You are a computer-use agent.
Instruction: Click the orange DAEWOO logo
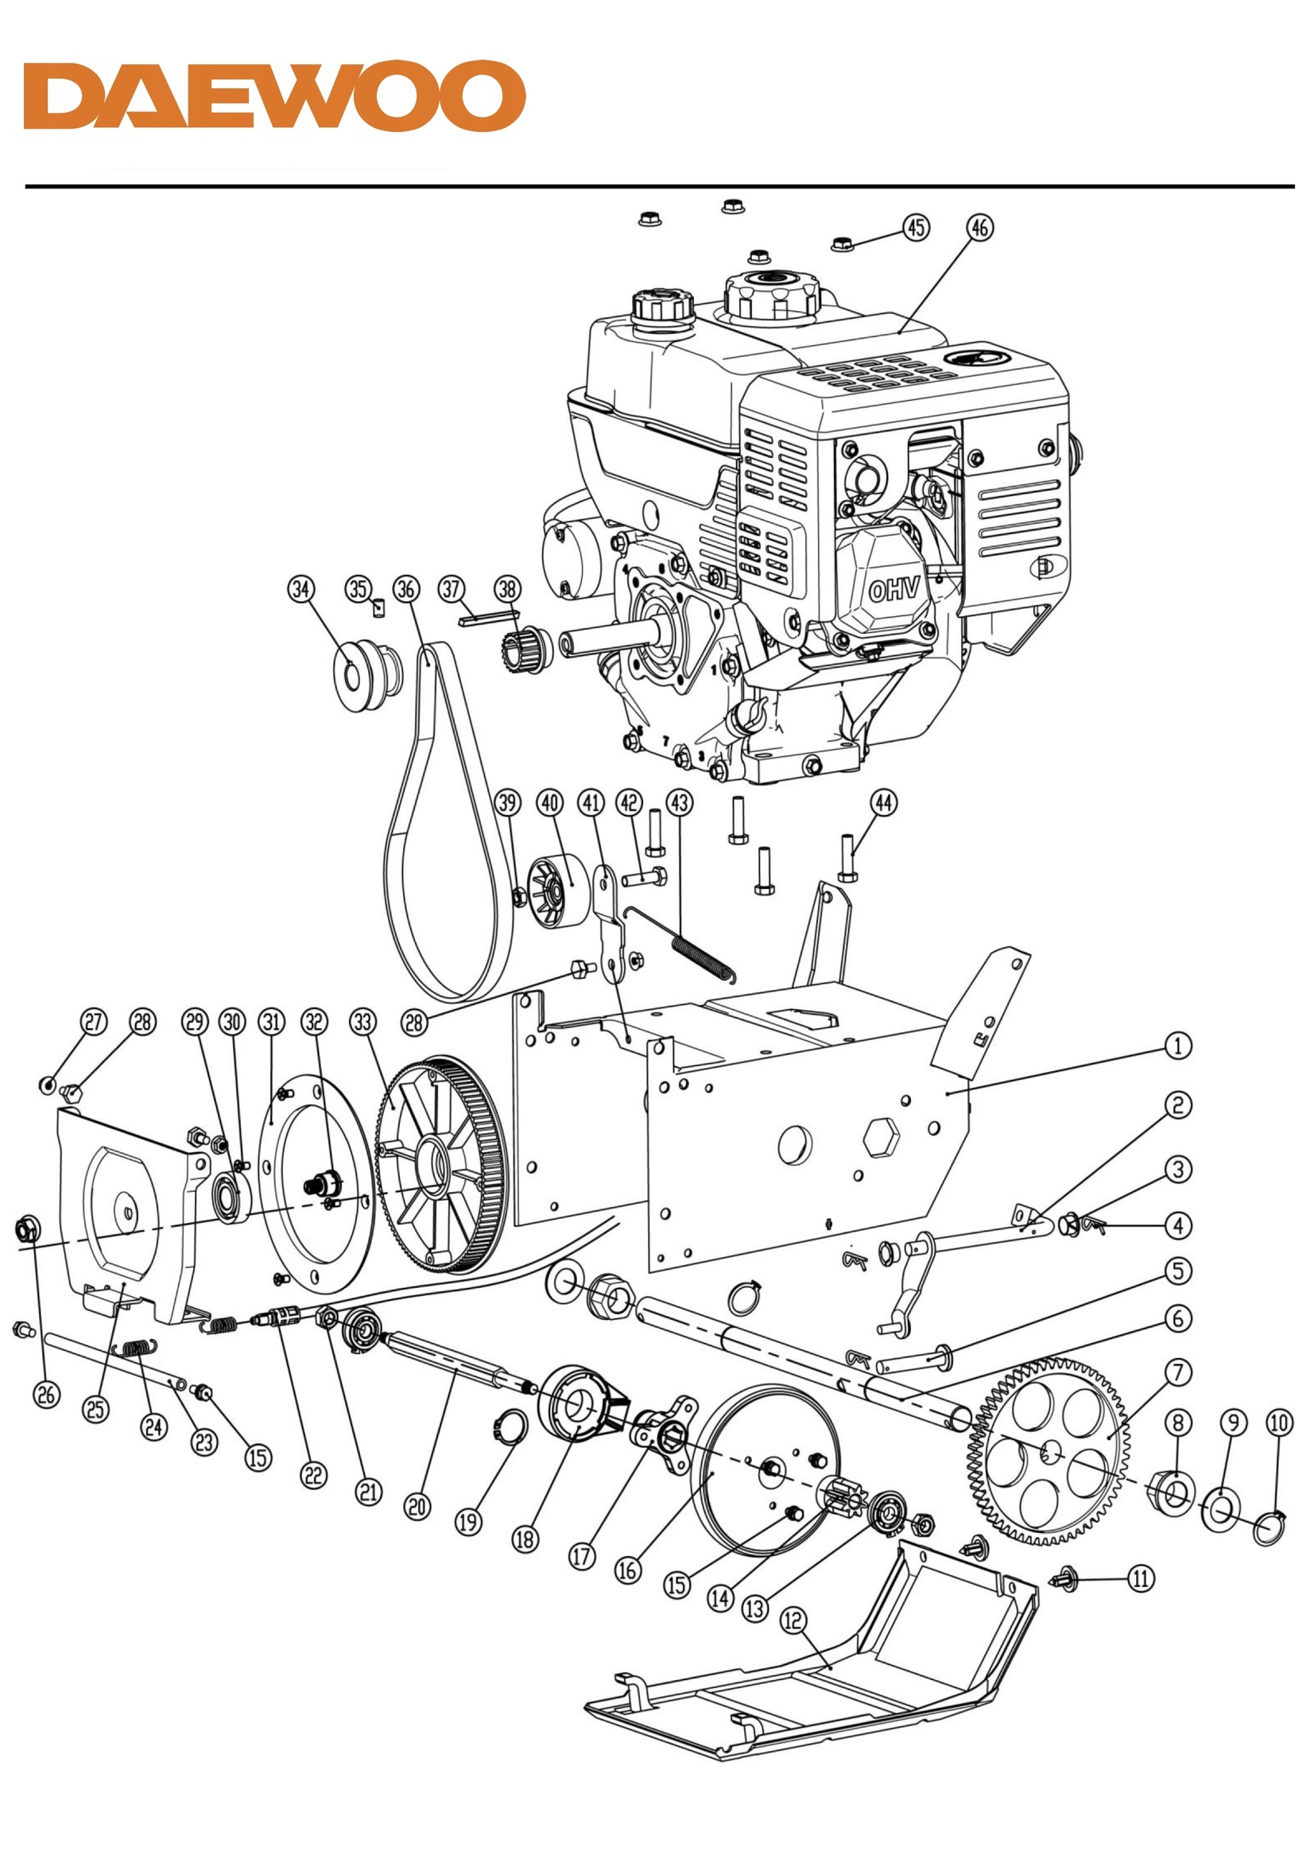pyautogui.click(x=274, y=95)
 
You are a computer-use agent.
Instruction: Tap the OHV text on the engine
pyautogui.click(x=893, y=589)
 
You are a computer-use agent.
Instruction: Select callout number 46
pyautogui.click(x=979, y=227)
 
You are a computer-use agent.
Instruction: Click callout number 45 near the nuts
pyautogui.click(x=916, y=227)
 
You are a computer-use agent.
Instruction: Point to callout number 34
pyautogui.click(x=301, y=588)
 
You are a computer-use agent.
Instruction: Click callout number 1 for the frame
pyautogui.click(x=1178, y=1046)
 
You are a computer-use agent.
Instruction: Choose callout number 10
pyautogui.click(x=1279, y=1422)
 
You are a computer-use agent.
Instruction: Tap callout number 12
pyautogui.click(x=793, y=1620)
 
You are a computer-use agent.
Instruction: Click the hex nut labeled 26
pyautogui.click(x=29, y=1232)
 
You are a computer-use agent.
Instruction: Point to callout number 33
pyautogui.click(x=362, y=1022)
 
